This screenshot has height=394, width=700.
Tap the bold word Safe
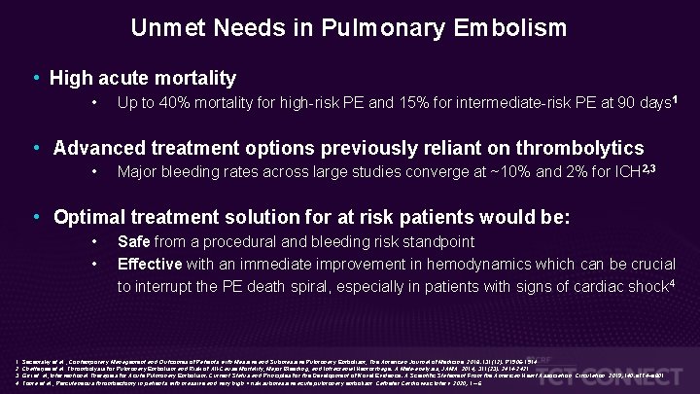[x=134, y=242]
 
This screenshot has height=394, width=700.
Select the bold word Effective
[x=150, y=263]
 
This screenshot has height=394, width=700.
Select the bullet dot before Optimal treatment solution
[x=35, y=216]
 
